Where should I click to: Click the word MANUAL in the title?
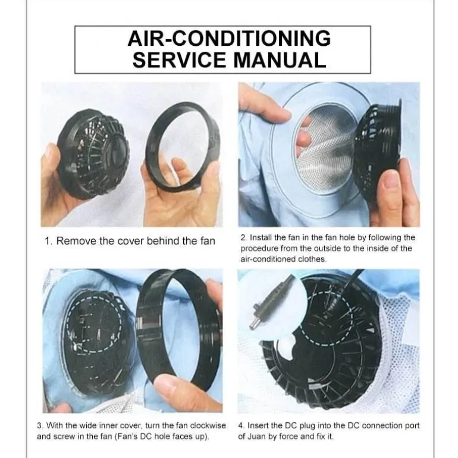click(280, 60)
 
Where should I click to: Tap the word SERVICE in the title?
click(180, 60)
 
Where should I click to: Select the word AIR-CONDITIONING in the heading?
click(229, 38)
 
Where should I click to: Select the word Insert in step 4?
click(258, 425)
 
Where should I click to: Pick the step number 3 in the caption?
click(39, 425)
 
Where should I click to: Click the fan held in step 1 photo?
click(93, 153)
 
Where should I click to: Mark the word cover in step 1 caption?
click(131, 241)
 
